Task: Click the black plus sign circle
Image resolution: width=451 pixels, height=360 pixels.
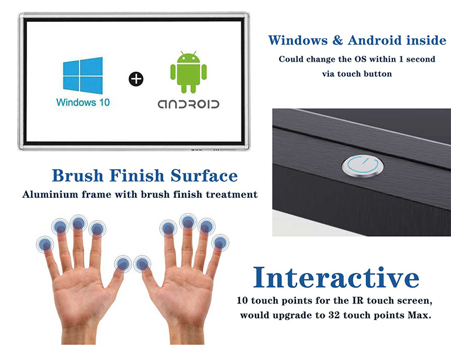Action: tap(136, 79)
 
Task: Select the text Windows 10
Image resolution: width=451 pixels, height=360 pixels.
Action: tap(83, 102)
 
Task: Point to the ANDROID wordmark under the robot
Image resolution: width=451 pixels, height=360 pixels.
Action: tap(188, 104)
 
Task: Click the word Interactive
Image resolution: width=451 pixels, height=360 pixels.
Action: tap(336, 278)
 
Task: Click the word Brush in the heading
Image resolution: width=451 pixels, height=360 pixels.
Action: tap(78, 176)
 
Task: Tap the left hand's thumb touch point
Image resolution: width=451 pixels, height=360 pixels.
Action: tap(123, 264)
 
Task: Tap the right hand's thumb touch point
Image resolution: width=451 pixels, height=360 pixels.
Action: tap(142, 264)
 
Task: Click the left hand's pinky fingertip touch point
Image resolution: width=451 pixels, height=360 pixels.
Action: tap(44, 245)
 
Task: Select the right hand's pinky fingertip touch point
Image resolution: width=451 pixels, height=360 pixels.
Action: tap(220, 242)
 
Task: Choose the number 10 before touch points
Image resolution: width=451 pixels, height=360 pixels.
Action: tap(243, 301)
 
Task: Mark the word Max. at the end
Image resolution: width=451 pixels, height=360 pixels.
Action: tap(421, 315)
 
